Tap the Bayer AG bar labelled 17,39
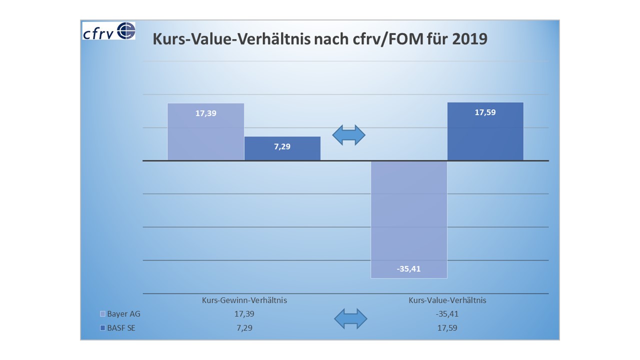(x=205, y=132)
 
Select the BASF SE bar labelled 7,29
(x=282, y=148)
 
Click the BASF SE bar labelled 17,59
(x=485, y=131)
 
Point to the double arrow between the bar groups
(x=349, y=135)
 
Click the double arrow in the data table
(x=350, y=319)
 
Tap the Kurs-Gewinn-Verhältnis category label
(x=244, y=300)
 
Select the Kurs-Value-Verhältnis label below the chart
(x=447, y=300)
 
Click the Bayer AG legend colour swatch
(x=103, y=314)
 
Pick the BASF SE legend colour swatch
(x=103, y=328)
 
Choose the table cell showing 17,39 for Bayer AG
(x=244, y=314)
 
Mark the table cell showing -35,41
(x=447, y=314)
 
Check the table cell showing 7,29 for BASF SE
(x=244, y=328)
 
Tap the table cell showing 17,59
(x=447, y=328)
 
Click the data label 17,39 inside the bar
(x=205, y=113)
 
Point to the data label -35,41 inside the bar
(x=408, y=269)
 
